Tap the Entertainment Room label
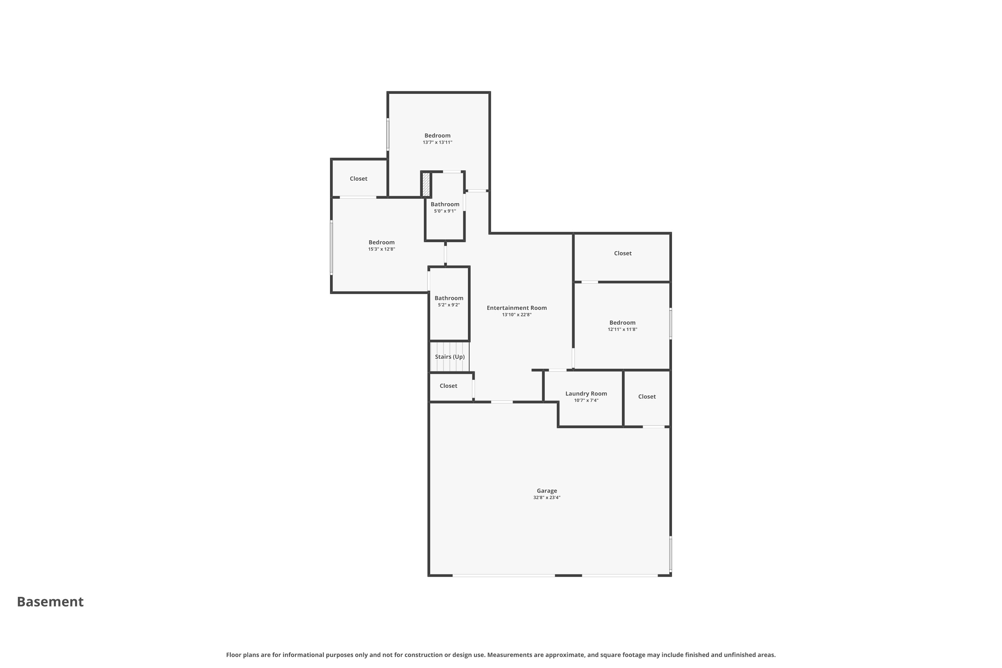(x=517, y=308)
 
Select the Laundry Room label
(x=586, y=394)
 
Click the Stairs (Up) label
(x=450, y=357)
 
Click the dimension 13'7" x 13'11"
(x=438, y=142)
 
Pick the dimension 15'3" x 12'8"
(x=382, y=249)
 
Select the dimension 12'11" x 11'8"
(x=623, y=329)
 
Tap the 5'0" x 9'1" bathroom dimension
(x=445, y=211)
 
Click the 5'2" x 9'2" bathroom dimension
(x=449, y=305)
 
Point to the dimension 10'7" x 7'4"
(x=586, y=400)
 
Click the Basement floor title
(x=50, y=602)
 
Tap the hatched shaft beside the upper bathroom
(x=426, y=184)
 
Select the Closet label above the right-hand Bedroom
(x=623, y=254)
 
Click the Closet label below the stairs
(x=448, y=386)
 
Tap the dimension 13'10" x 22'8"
(x=517, y=315)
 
